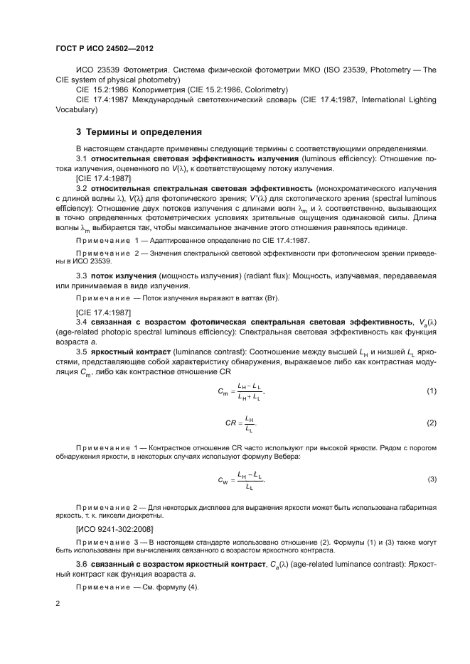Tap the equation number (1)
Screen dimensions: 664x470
point(431,391)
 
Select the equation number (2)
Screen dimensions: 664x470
point(431,423)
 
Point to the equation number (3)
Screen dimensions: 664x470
point(431,480)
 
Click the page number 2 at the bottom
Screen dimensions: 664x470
point(58,603)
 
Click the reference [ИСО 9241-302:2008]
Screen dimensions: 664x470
point(110,529)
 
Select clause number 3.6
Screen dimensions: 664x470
point(81,562)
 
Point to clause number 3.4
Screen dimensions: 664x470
point(81,322)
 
